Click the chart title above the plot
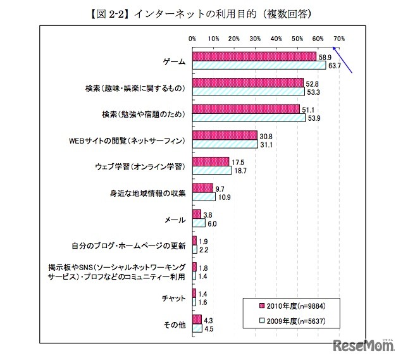[201, 12]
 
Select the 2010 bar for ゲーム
[254, 56]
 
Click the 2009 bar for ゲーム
[259, 65]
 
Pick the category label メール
[175, 220]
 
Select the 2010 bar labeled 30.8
[225, 135]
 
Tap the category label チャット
[173, 299]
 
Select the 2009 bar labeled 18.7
[212, 171]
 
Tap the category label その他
[174, 325]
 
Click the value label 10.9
[223, 197]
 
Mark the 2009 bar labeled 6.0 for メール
[199, 223]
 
